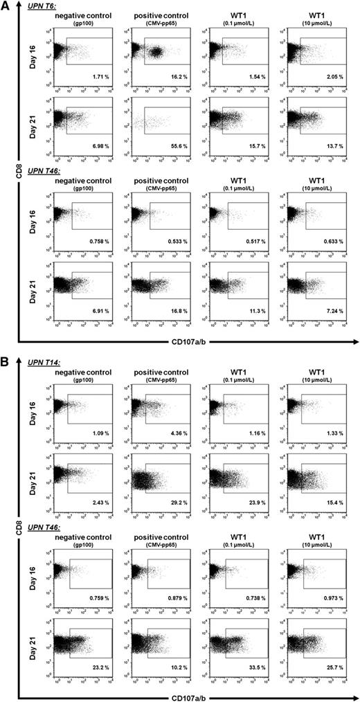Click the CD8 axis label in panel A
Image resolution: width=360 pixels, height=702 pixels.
click(8, 181)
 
